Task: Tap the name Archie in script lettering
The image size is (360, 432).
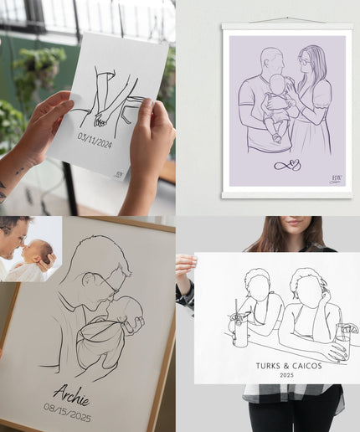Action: coord(71,393)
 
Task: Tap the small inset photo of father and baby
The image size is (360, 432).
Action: coord(30,249)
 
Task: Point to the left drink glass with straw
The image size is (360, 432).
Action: coord(241,330)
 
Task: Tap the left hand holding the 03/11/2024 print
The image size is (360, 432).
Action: coord(40,126)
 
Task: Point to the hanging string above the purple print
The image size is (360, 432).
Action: coord(287,19)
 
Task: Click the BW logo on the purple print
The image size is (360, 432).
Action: coord(337,178)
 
